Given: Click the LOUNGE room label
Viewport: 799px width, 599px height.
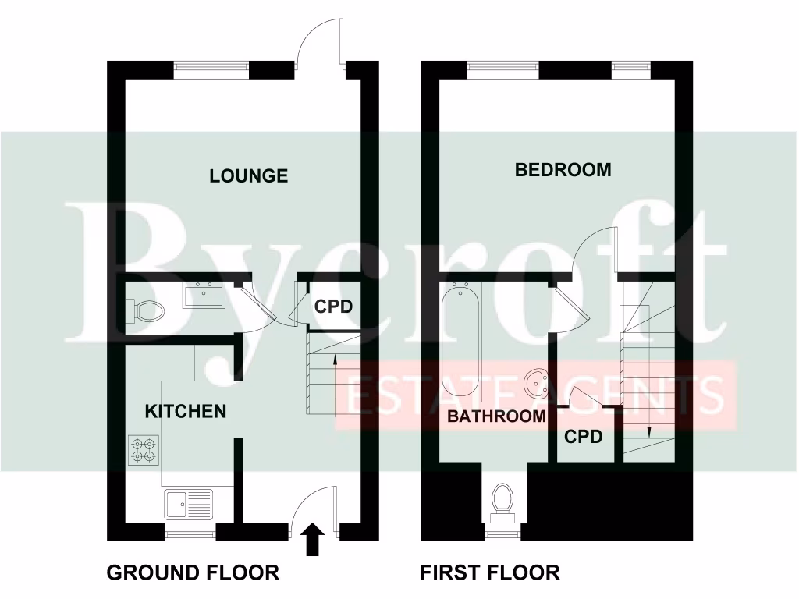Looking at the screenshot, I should [248, 176].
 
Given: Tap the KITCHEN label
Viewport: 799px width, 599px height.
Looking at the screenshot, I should [186, 411].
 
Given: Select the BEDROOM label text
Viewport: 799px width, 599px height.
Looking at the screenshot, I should [563, 170].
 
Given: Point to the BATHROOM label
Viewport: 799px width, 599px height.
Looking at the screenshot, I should [496, 416].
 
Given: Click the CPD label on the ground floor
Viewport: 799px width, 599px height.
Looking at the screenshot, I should [333, 307].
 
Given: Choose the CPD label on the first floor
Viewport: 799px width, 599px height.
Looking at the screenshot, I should [584, 438].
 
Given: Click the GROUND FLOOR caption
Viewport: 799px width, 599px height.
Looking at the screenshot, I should [192, 573].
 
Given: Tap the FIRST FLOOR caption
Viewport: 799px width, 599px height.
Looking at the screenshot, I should [490, 573].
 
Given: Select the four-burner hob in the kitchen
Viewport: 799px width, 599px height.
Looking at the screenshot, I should [144, 449].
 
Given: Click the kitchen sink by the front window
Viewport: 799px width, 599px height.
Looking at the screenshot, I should [188, 505].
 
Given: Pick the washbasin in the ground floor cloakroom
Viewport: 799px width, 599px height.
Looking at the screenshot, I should [204, 296].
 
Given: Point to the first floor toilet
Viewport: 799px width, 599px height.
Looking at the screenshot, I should [502, 500].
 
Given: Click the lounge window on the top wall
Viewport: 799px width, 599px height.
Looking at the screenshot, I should [212, 68].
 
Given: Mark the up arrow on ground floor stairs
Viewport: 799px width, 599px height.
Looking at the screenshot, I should [335, 360].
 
